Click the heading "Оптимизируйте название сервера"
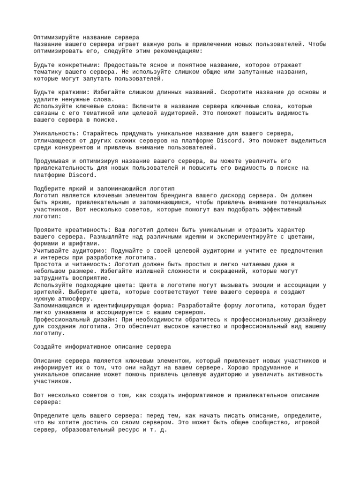[86, 37]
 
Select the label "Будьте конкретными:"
[67, 65]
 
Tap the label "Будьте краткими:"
[61, 92]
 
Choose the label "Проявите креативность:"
[71, 230]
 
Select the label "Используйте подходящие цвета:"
[84, 285]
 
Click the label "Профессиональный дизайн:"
[76, 319]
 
